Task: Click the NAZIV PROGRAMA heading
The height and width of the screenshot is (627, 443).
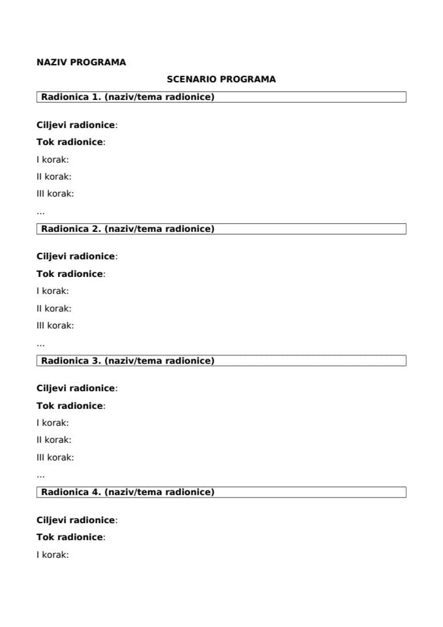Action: point(81,63)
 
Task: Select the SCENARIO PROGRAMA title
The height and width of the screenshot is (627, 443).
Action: point(221,79)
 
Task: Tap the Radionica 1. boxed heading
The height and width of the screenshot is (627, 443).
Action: point(128,97)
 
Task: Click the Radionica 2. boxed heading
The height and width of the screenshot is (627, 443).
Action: point(128,229)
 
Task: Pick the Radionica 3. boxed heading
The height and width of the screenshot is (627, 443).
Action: point(128,361)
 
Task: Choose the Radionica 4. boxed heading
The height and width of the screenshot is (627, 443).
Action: point(128,492)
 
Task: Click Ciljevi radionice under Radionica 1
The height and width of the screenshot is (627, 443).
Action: point(76,125)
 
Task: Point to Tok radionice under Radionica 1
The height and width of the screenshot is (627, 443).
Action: point(70,142)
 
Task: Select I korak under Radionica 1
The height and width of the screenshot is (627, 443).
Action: point(53,159)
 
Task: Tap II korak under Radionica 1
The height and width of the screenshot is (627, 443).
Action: point(54,176)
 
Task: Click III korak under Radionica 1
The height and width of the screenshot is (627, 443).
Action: point(55,193)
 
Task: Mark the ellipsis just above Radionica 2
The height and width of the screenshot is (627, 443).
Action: point(40,212)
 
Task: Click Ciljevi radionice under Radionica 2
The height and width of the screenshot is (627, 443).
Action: point(76,257)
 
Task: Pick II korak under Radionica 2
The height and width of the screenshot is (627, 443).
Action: point(54,308)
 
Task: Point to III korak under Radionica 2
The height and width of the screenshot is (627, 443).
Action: point(55,325)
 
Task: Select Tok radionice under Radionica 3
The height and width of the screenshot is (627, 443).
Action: point(70,406)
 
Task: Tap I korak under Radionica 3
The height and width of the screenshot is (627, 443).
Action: point(53,423)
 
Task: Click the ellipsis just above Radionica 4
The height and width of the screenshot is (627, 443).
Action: point(40,475)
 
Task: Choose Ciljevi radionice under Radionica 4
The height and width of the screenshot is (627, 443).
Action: point(76,521)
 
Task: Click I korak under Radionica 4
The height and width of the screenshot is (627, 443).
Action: point(53,555)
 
